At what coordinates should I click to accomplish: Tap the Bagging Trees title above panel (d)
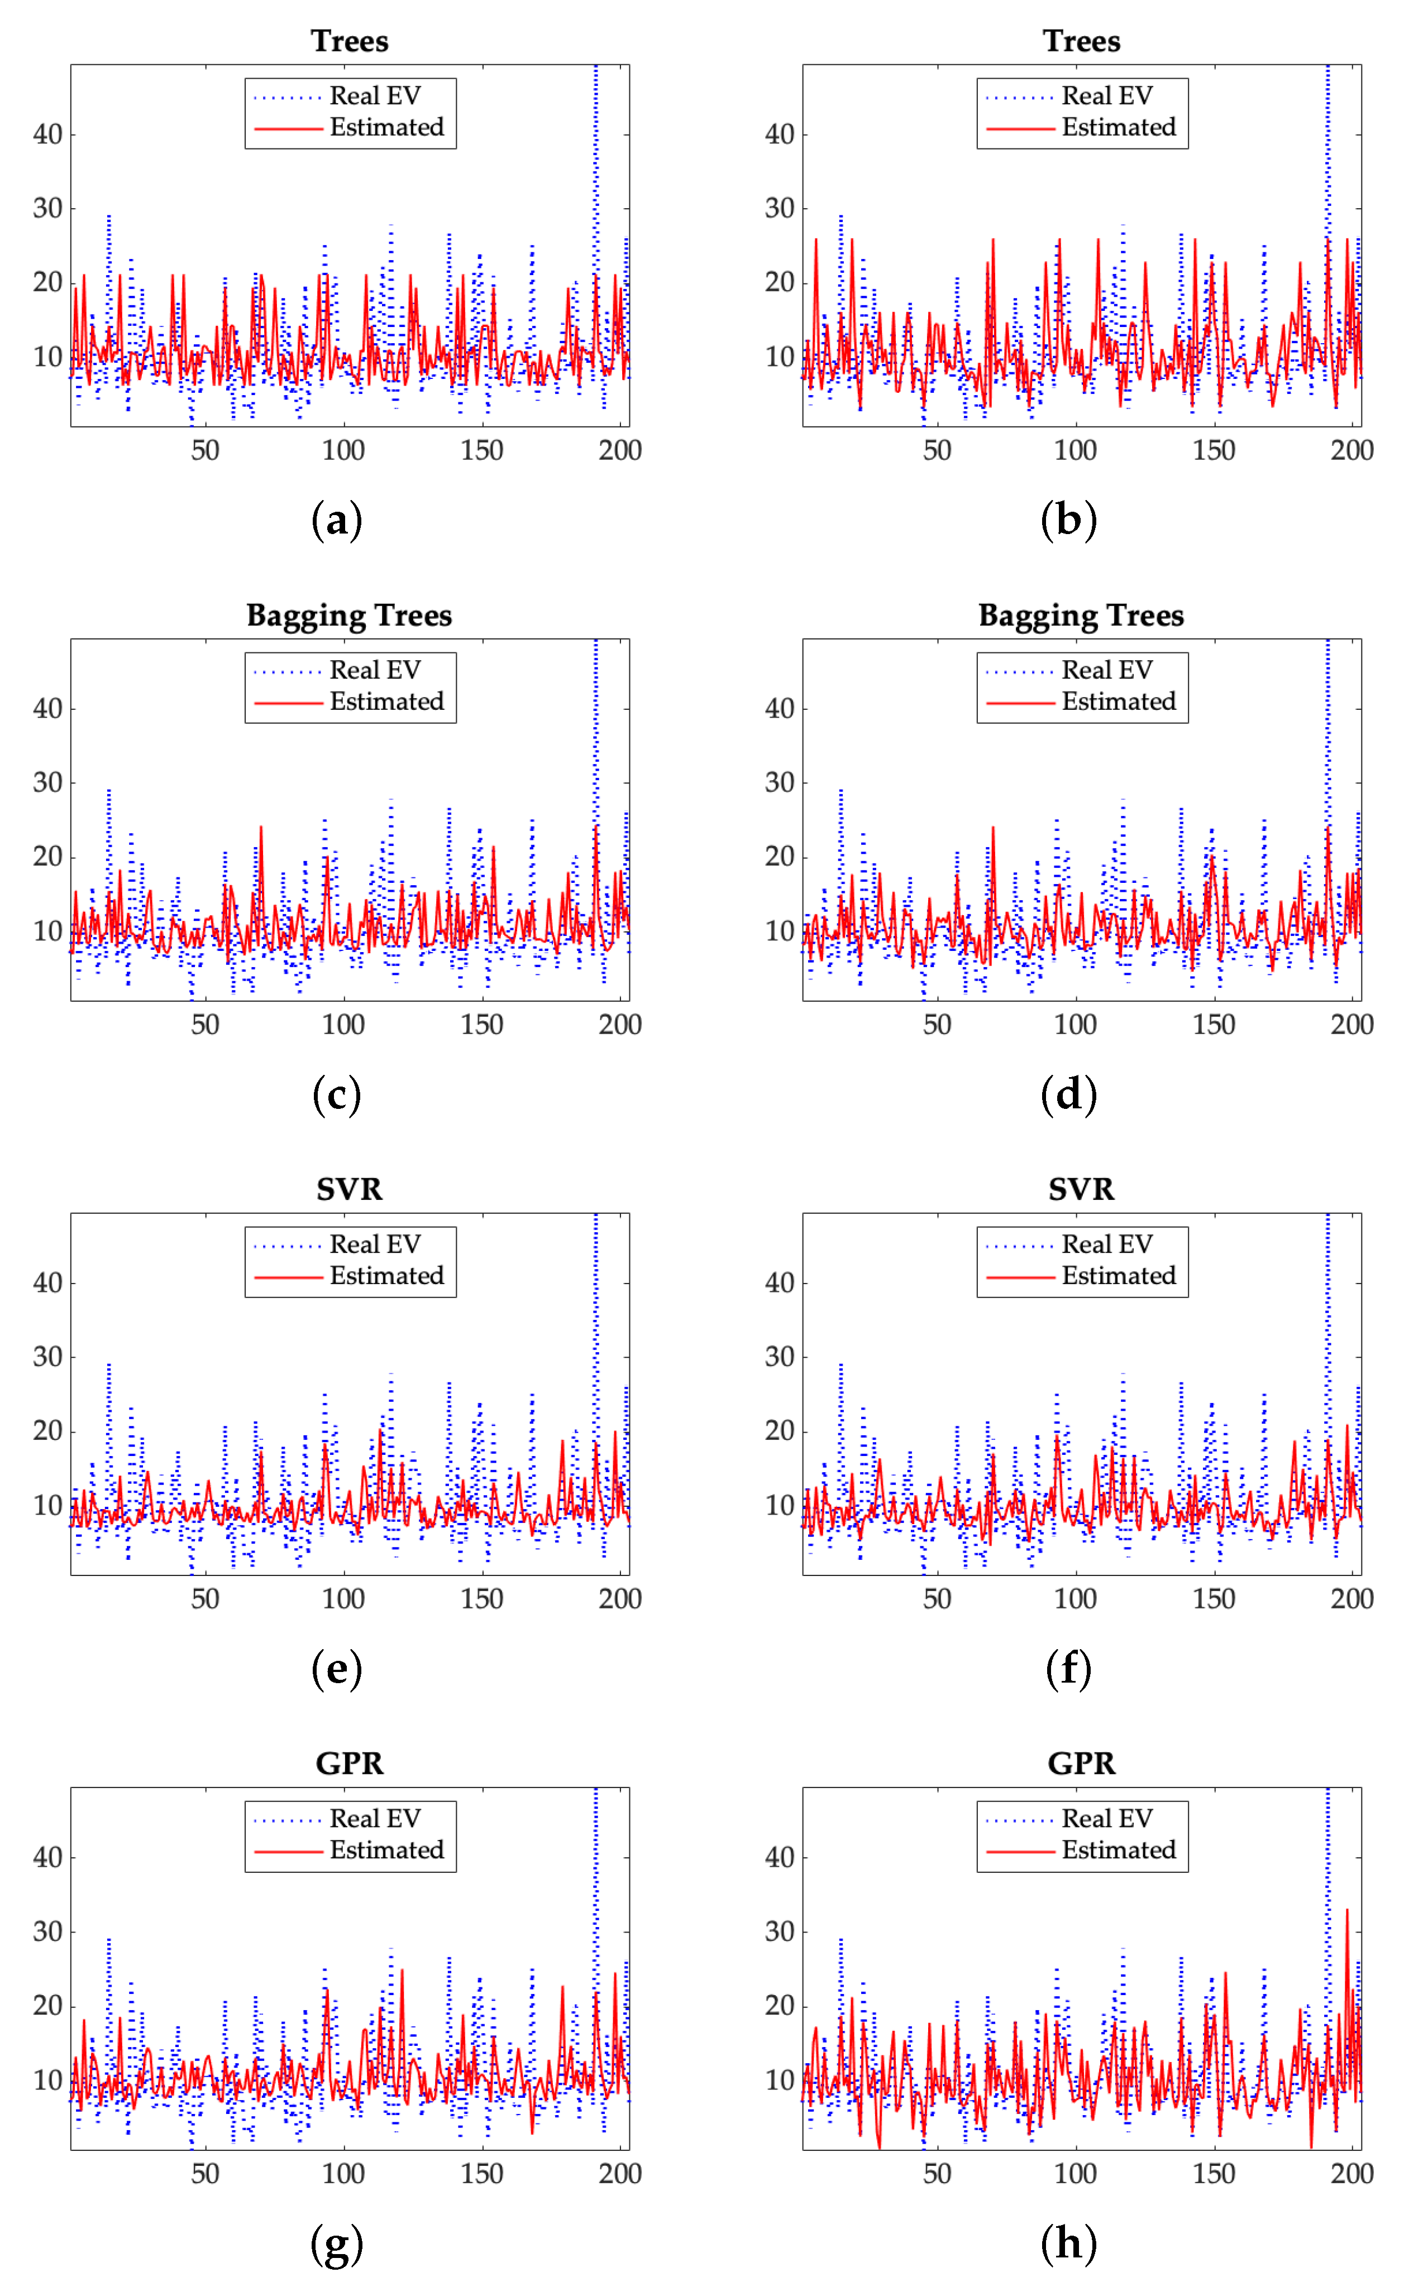(1081, 616)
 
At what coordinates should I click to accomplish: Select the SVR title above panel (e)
(349, 1189)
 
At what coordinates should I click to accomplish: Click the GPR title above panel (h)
(1081, 1762)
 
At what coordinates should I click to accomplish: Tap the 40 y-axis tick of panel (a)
(47, 134)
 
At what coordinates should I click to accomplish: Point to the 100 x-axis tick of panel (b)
(1075, 451)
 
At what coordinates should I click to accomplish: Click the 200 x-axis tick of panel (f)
(1351, 1598)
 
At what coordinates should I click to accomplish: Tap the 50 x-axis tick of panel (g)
(205, 2173)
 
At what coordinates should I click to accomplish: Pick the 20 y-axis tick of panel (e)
(47, 1430)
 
